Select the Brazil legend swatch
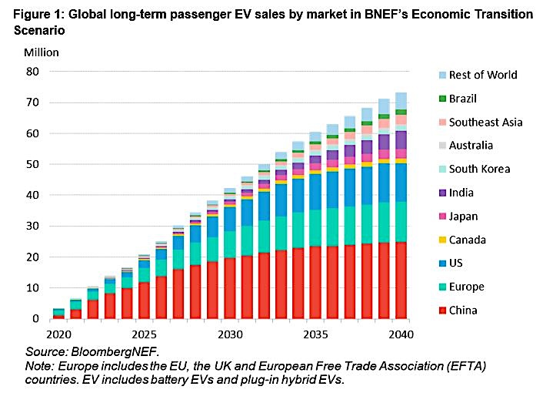tap(441, 99)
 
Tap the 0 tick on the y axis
tap(35, 319)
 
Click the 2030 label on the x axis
tap(230, 336)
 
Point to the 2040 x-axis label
tap(401, 336)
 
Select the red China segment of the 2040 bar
tap(401, 280)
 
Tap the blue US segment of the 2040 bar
tap(401, 182)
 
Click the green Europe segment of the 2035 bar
tap(315, 227)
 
